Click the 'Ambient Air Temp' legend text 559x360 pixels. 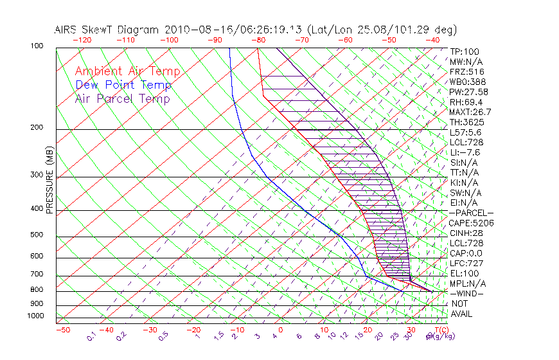pyautogui.click(x=127, y=71)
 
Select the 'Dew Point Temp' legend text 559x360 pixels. pyautogui.click(x=123, y=85)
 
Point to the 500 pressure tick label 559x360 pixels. pyautogui.click(x=37, y=235)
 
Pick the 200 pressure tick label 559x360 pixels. pyautogui.click(x=37, y=128)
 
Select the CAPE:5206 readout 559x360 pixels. pyautogui.click(x=471, y=223)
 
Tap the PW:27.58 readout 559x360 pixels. pyautogui.click(x=469, y=92)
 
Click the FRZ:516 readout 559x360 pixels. pyautogui.click(x=466, y=71)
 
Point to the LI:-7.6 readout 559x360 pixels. pyautogui.click(x=465, y=152)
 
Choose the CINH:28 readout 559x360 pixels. pyautogui.click(x=466, y=233)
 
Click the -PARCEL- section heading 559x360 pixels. pyautogui.click(x=471, y=213)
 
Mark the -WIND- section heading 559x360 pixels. pyautogui.click(x=466, y=293)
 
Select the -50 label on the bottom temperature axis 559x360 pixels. pyautogui.click(x=62, y=330)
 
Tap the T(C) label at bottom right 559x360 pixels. pyautogui.click(x=442, y=330)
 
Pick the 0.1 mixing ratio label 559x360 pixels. pyautogui.click(x=91, y=336)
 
